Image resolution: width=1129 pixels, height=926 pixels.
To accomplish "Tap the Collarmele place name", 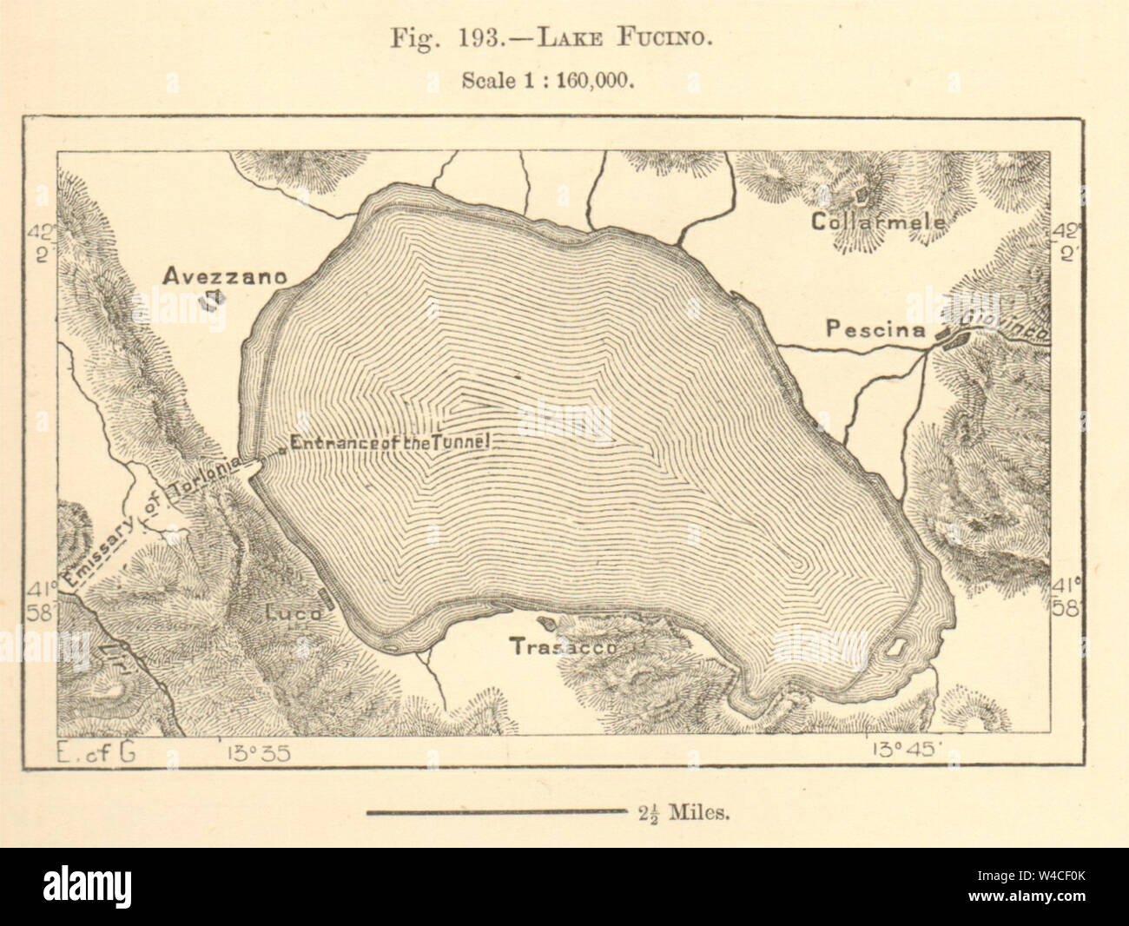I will pyautogui.click(x=878, y=222).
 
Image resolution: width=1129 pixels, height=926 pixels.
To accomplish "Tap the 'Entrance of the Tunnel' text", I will pyautogui.click(x=392, y=442).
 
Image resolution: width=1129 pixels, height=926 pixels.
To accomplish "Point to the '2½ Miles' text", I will pyautogui.click(x=683, y=814).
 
